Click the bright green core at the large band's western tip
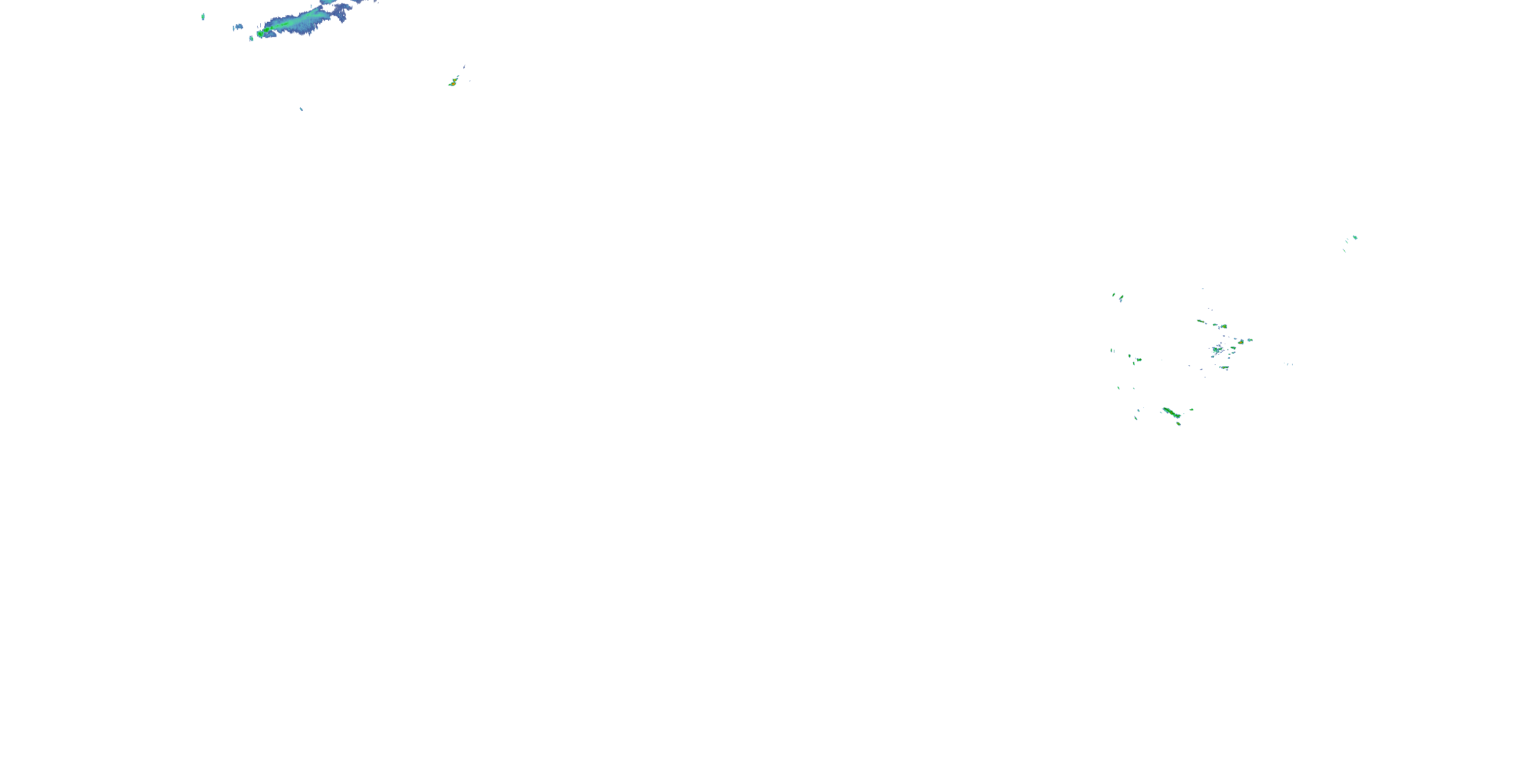click(x=261, y=33)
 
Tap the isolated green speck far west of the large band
click(x=203, y=17)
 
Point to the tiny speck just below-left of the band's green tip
click(x=251, y=38)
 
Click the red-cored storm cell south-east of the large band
click(x=453, y=83)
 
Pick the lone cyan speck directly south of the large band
click(x=301, y=108)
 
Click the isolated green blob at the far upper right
click(x=1354, y=237)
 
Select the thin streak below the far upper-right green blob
click(x=1344, y=250)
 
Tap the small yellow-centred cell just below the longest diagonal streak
click(x=1179, y=423)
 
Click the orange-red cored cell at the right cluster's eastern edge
click(x=1241, y=342)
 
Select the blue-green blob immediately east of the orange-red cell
click(x=1250, y=340)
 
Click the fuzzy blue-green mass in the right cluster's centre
click(x=1217, y=350)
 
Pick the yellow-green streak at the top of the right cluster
click(x=1201, y=321)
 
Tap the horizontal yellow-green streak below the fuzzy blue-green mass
click(x=1224, y=368)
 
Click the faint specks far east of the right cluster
click(x=1289, y=364)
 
